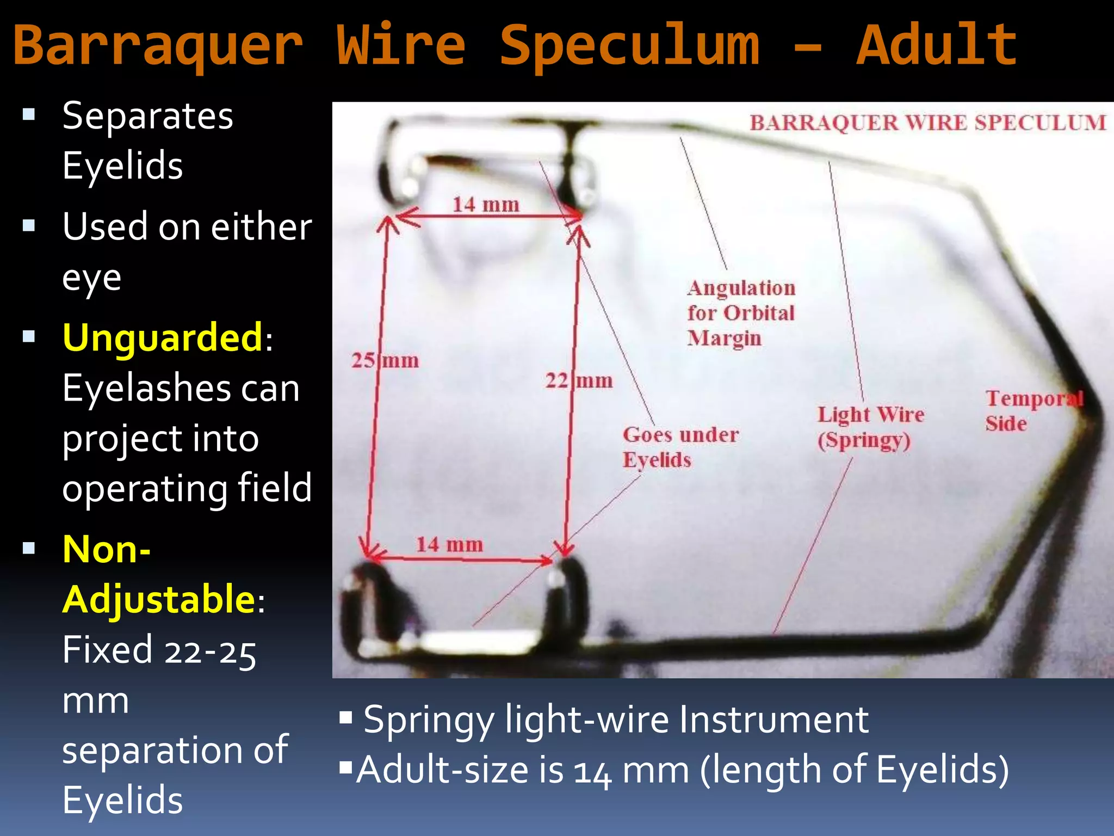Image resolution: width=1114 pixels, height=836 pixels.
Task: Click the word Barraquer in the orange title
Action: (158, 46)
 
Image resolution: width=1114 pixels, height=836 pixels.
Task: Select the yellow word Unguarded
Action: (163, 337)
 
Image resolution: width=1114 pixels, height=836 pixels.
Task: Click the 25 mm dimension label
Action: (385, 360)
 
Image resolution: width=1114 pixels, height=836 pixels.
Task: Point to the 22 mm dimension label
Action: (579, 380)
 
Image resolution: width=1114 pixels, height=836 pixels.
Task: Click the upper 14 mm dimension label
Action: (486, 205)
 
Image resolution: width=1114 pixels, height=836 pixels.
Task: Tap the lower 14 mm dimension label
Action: (449, 544)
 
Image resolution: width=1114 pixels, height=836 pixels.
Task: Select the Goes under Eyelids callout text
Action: (680, 447)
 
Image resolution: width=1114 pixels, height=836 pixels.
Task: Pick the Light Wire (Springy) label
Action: (870, 427)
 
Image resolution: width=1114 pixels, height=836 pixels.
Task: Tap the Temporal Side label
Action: (1033, 410)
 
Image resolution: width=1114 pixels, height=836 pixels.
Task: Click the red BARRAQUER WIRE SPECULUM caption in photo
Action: (928, 123)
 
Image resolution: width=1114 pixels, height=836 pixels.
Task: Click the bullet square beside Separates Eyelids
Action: (29, 114)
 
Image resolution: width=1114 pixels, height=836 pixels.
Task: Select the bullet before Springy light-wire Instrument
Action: (346, 718)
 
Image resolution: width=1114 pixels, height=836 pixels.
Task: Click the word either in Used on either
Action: (261, 226)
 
